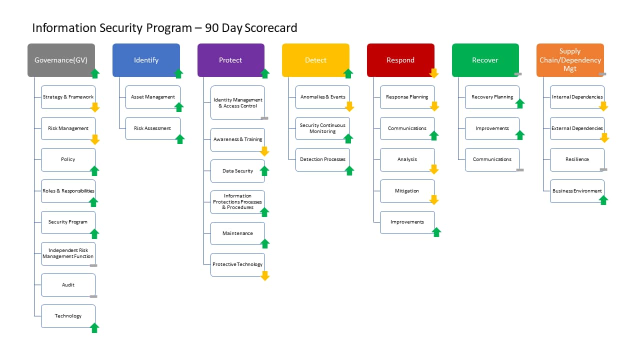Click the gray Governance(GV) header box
[61, 60]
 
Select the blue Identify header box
[146, 60]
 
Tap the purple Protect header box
[231, 60]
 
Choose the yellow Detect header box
[315, 60]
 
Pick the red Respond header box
[400, 60]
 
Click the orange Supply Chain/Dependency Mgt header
[570, 60]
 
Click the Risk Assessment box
[153, 128]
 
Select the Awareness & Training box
[237, 139]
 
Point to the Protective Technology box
[237, 264]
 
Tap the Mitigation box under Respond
[407, 191]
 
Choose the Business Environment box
[577, 191]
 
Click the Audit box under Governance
[68, 285]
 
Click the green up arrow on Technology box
[94, 328]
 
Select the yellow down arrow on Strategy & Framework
[95, 107]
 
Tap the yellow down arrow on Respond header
[433, 73]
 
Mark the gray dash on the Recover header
[518, 74]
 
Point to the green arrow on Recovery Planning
[520, 103]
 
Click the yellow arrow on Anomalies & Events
[349, 106]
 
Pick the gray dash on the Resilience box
[603, 169]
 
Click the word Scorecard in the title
[271, 28]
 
